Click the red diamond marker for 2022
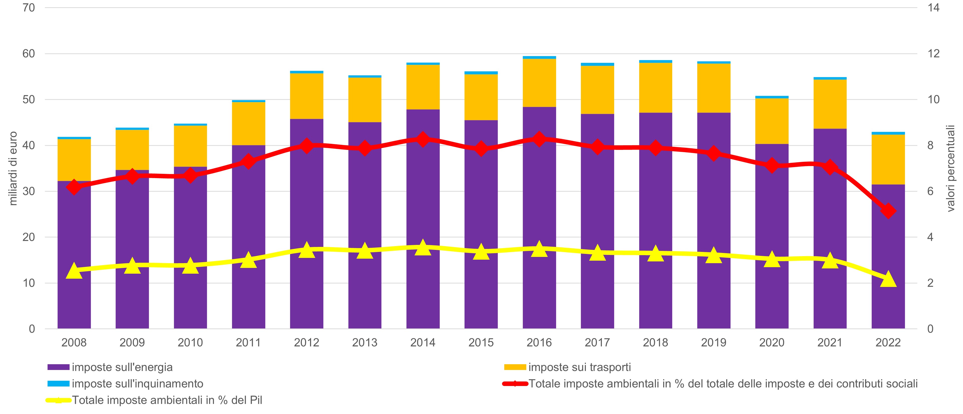[888, 211]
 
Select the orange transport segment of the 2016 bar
[539, 83]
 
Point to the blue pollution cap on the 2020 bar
[772, 97]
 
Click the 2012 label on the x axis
[307, 342]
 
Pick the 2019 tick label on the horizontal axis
[713, 342]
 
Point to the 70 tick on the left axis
[29, 8]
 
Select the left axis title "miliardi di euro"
[14, 168]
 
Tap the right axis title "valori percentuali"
[951, 168]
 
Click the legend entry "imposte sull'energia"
[122, 367]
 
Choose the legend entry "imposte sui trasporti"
[579, 367]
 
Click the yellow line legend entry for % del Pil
[167, 400]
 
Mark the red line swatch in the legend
[515, 384]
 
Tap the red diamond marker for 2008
[74, 187]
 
